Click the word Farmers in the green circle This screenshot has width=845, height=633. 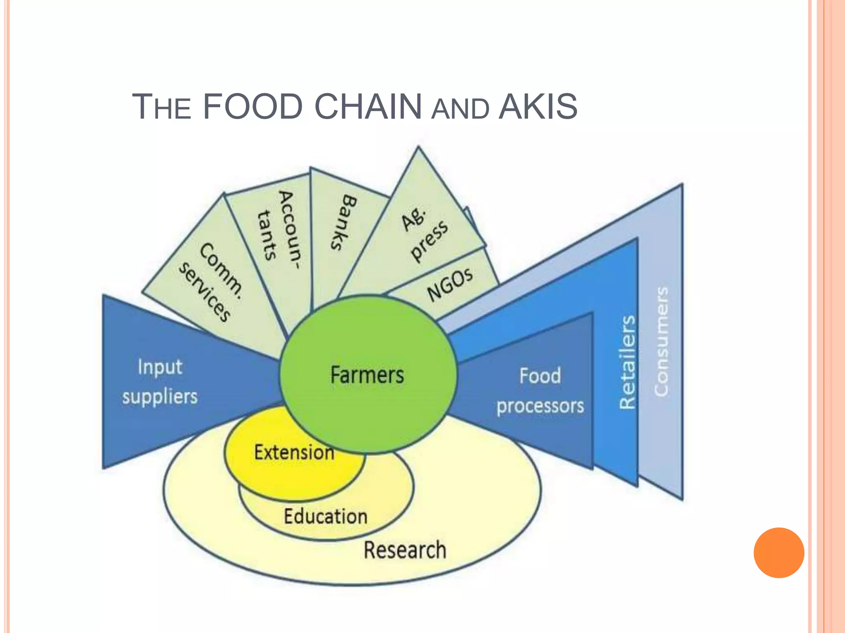tap(367, 375)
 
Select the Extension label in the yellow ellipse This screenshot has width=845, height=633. tap(294, 452)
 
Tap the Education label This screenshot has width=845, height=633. tap(326, 516)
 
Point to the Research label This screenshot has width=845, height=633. tap(405, 550)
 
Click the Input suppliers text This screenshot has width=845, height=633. tap(160, 382)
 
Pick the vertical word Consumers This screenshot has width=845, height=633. tap(661, 342)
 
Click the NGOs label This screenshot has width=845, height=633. tap(450, 284)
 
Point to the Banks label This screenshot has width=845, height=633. tap(344, 222)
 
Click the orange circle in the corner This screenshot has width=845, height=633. tap(779, 553)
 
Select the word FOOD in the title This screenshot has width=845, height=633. tap(253, 107)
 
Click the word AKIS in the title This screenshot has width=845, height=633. tap(538, 107)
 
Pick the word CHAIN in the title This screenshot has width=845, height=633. tap(368, 107)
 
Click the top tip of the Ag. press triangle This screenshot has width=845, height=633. tap(418, 148)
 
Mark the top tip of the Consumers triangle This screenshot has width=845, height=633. tap(681, 186)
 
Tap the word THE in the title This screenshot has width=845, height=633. tap(161, 108)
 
